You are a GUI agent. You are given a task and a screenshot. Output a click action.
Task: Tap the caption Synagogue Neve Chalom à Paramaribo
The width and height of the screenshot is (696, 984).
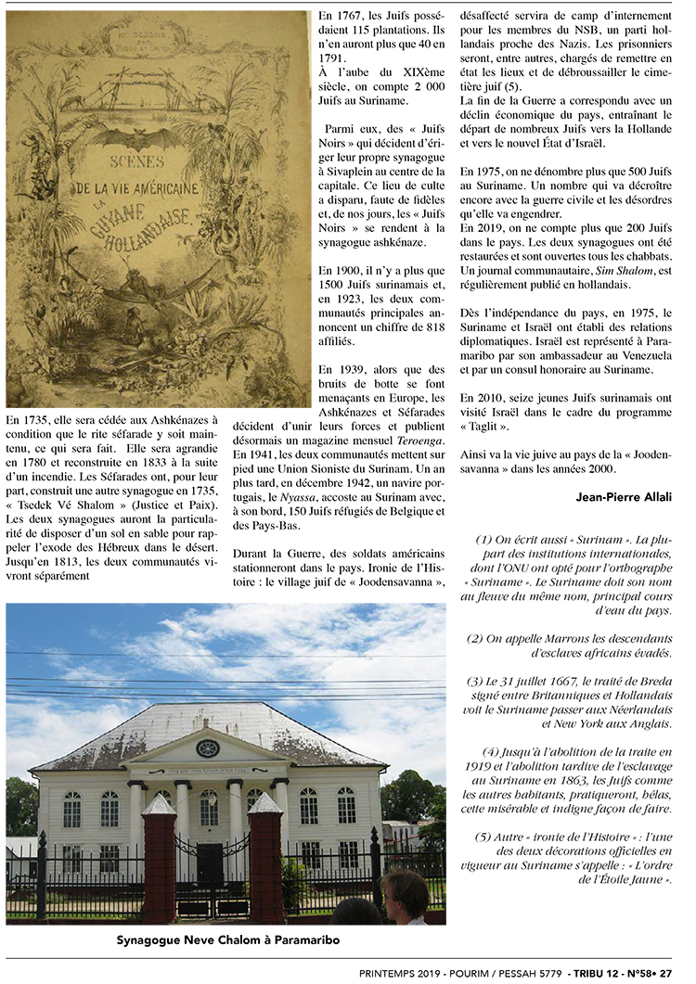[227, 940]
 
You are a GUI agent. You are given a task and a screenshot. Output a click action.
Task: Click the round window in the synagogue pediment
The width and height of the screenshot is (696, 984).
[208, 748]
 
